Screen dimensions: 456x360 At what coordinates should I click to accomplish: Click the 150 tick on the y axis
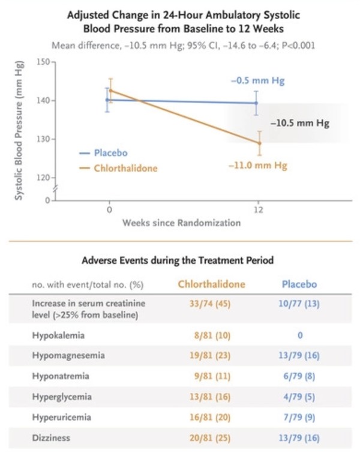[x=46, y=62]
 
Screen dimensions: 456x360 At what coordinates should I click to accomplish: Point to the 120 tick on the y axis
[x=46, y=178]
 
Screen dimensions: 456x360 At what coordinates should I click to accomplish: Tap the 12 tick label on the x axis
[x=258, y=211]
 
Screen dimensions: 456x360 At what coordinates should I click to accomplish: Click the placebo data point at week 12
[x=257, y=103]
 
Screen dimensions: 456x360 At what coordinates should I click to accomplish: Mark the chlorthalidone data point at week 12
[x=259, y=143]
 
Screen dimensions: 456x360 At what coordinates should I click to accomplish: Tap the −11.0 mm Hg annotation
[x=258, y=166]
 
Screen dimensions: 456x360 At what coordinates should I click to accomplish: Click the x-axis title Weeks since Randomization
[x=181, y=223]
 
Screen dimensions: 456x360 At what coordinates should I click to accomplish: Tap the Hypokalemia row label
[x=59, y=336]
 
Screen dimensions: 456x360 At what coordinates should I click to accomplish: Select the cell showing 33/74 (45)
[x=211, y=304]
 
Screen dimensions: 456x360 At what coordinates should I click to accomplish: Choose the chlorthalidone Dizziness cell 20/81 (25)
[x=211, y=438]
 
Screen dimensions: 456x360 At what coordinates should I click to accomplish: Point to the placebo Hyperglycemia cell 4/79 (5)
[x=299, y=397]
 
